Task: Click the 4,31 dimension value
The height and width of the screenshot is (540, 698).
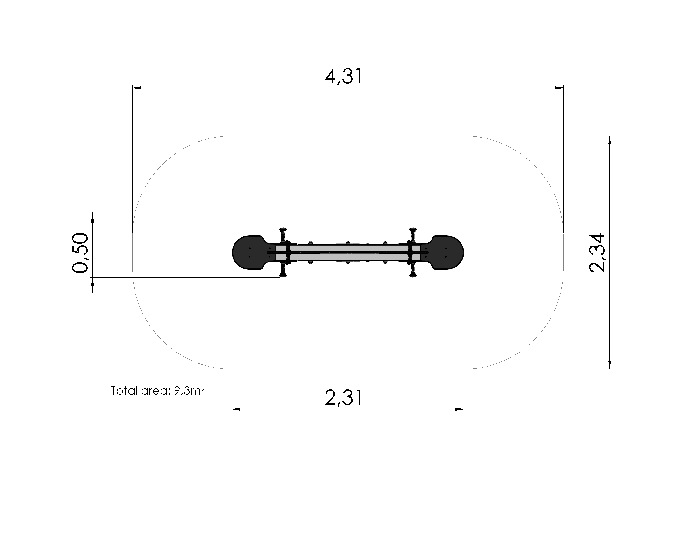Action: [x=344, y=77]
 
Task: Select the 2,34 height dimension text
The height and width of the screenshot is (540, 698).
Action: [x=597, y=253]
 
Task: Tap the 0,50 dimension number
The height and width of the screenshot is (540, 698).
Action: [x=80, y=253]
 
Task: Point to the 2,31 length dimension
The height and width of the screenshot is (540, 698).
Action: [x=344, y=398]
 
